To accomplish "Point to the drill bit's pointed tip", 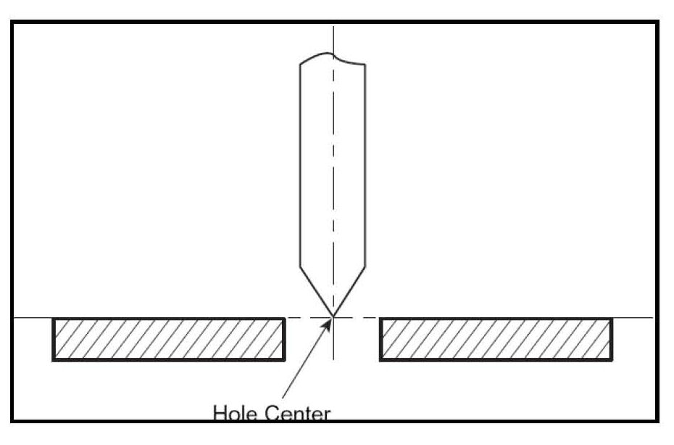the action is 333,317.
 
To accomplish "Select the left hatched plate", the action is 169,339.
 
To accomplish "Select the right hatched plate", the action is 496,339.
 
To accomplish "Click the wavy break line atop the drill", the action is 333,57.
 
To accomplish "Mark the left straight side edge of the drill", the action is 301,167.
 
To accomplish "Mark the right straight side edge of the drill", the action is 365,167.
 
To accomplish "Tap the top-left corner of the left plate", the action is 54,319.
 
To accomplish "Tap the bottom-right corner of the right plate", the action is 612,359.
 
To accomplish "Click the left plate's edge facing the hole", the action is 284,339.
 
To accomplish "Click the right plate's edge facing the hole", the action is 381,339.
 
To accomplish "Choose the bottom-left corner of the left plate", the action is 54,359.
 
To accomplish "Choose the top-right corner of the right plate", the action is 612,319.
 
